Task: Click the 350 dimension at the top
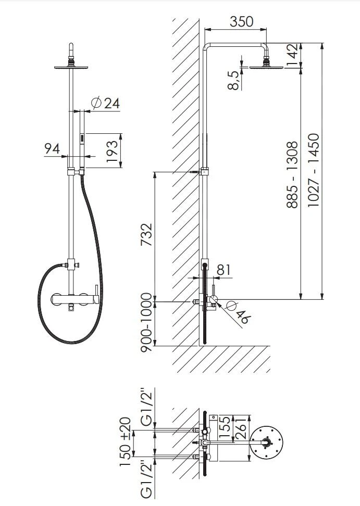click(242, 22)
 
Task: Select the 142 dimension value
click(292, 55)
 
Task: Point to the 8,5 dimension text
click(233, 80)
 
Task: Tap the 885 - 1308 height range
click(292, 174)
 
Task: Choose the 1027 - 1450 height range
click(313, 170)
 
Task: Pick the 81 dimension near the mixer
click(224, 270)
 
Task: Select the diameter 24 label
click(106, 103)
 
